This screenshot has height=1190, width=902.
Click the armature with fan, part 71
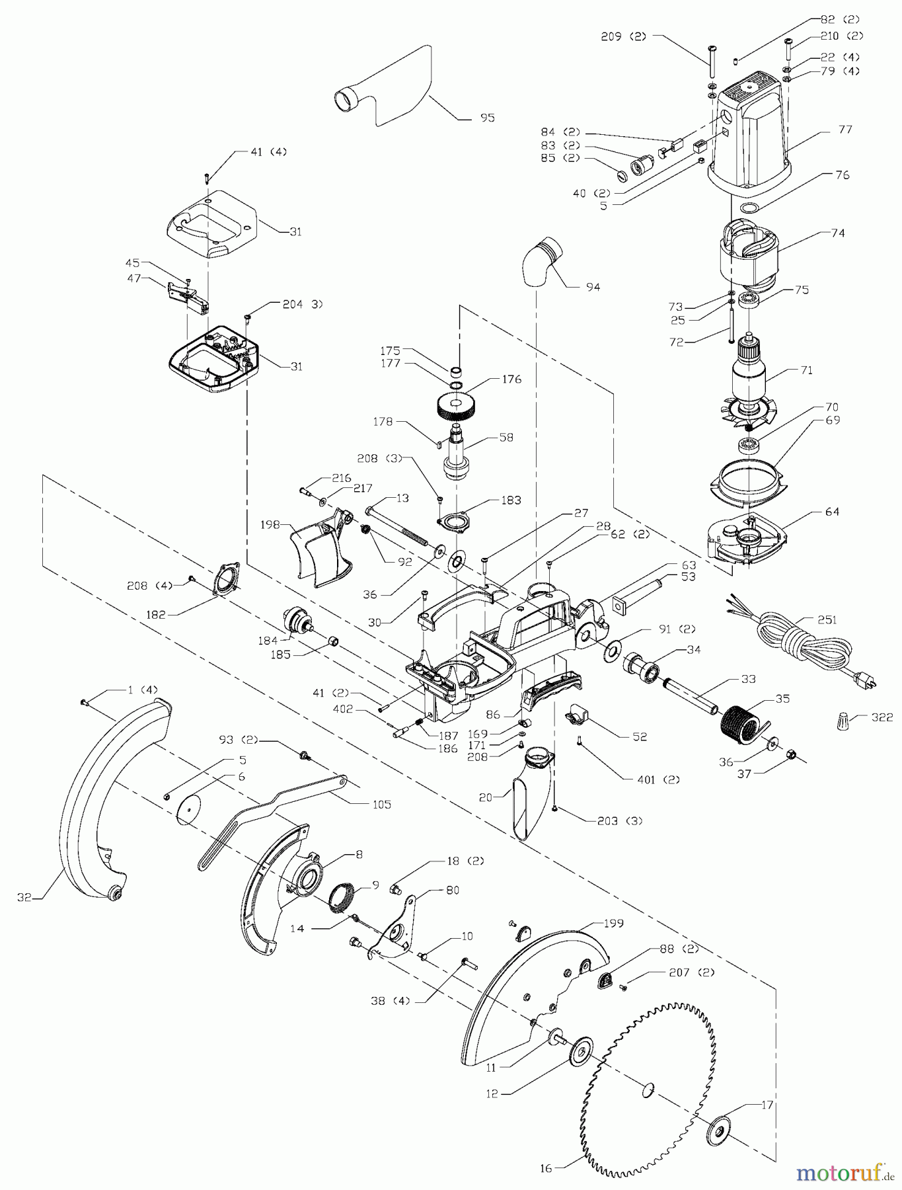[749, 383]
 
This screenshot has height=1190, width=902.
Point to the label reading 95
[488, 118]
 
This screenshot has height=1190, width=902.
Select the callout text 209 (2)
[624, 37]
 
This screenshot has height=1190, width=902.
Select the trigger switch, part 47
[188, 295]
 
